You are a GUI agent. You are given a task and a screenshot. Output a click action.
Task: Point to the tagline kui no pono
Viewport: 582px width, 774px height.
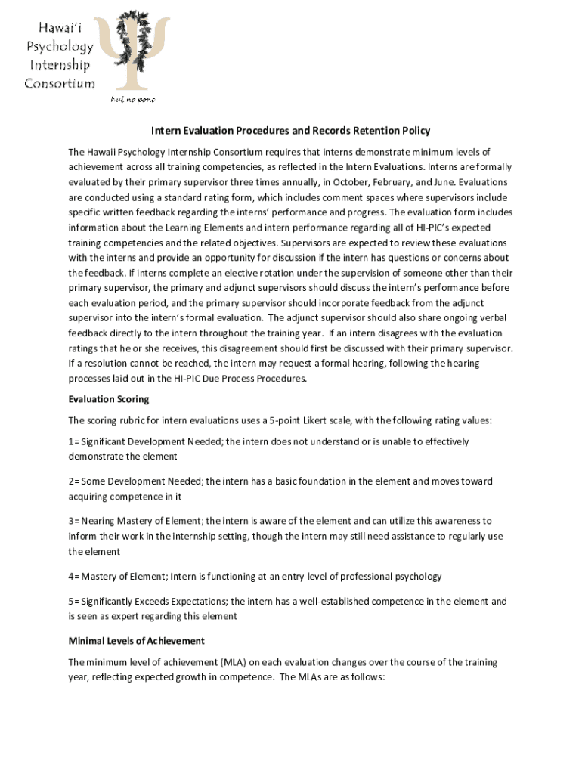pyautogui.click(x=133, y=99)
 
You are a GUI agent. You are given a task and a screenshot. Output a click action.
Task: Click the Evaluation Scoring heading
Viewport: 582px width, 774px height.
pyautogui.click(x=109, y=399)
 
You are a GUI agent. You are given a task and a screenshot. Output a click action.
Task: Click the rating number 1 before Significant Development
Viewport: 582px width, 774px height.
pyautogui.click(x=71, y=441)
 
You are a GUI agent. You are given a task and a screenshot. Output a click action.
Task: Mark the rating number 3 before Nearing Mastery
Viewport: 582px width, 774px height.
pyautogui.click(x=71, y=521)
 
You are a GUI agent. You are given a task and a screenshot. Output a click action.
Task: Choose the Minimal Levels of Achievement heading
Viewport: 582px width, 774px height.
pyautogui.click(x=136, y=641)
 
